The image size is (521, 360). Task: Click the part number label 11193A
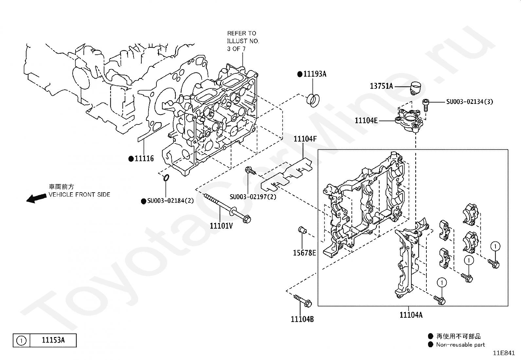point(315,74)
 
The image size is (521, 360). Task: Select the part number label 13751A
point(381,86)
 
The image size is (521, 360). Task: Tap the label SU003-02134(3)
point(470,102)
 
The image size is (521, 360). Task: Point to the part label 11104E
point(366,121)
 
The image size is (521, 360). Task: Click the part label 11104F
point(305,139)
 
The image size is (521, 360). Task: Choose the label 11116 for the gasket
point(144,159)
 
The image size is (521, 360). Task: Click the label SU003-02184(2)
point(171,201)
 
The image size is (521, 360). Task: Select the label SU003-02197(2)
point(253,197)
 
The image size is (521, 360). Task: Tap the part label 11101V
point(221,226)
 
